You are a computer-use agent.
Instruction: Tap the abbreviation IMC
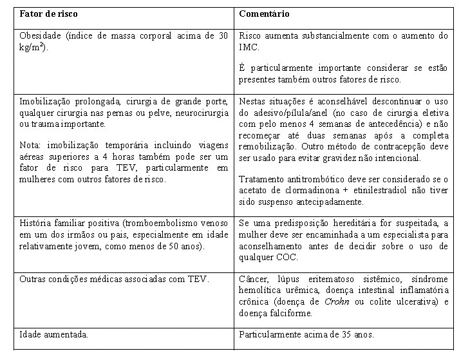coord(248,47)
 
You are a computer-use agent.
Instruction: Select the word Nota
coord(30,146)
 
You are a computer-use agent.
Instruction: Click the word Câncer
coord(254,279)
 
